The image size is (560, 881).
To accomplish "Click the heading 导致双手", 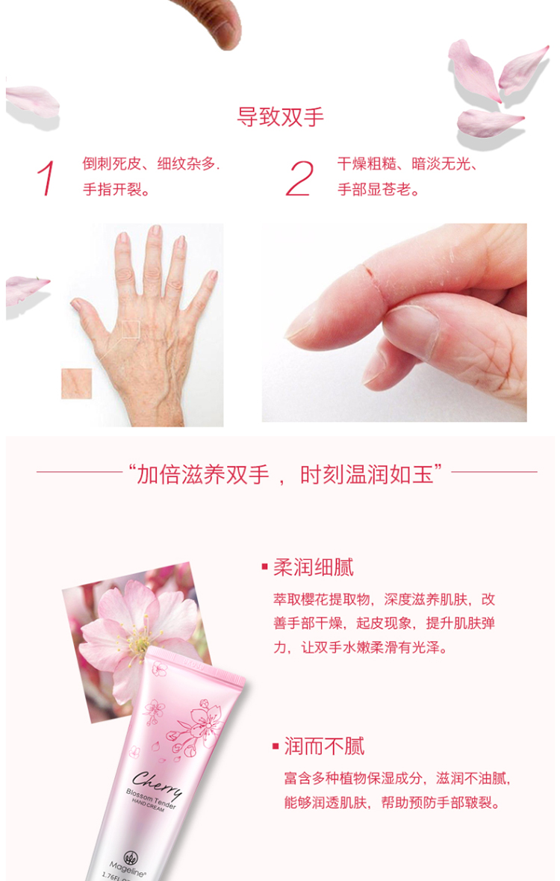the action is point(280,117).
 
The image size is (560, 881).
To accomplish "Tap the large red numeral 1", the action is point(46,178).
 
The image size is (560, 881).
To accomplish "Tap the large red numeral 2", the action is point(299,178).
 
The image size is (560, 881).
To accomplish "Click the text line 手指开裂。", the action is point(116,190).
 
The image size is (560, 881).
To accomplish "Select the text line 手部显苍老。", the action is point(379,190).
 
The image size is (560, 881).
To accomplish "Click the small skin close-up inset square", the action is point(76,383).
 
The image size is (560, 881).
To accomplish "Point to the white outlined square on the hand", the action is point(131,329).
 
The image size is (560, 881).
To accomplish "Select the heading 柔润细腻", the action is point(314,567).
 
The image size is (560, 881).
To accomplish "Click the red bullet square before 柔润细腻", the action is point(264,567).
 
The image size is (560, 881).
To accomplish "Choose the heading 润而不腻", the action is point(324,746).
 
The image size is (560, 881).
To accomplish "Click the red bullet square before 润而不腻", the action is point(276,746).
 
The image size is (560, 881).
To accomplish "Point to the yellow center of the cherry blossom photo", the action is point(138,641).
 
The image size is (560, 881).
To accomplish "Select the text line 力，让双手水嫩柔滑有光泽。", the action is point(361,647).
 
